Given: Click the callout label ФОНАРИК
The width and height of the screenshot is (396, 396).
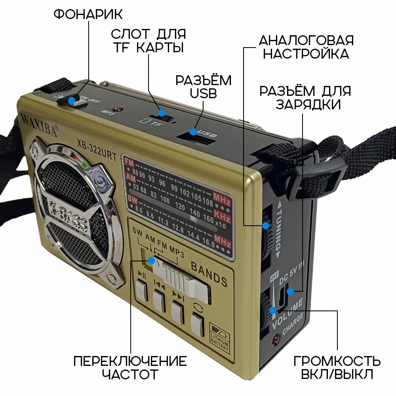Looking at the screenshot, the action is [88, 15].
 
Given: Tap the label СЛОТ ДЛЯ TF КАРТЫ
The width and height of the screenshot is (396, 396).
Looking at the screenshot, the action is [148, 40].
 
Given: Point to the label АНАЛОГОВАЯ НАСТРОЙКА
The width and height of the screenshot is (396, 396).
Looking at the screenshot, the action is [306, 47].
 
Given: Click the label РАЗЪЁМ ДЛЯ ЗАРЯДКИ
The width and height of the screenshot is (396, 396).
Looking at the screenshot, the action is [305, 97].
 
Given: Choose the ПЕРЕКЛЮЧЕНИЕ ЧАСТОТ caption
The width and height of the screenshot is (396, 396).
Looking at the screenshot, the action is [130, 367].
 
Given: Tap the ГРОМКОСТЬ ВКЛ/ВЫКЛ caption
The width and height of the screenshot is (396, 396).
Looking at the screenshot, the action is [337, 367].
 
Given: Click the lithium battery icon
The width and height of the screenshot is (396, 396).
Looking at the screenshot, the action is [219, 336].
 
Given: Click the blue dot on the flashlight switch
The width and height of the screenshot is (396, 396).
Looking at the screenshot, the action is [72, 101].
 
